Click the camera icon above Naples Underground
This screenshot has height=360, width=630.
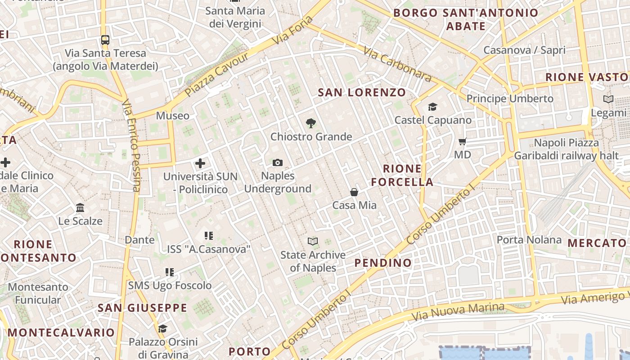coord(278,162)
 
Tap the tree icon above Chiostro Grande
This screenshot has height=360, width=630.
coord(310,123)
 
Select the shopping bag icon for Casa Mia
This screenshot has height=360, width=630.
coord(354,192)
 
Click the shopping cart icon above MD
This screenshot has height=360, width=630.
coord(462,142)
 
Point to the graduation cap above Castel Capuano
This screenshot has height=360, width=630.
coord(432,107)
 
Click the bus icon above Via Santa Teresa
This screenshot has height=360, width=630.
coord(105,40)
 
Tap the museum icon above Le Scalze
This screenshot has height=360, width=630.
coord(81,207)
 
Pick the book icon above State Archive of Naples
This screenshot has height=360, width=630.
coord(313,242)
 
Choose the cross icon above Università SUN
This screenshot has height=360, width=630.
coord(200,163)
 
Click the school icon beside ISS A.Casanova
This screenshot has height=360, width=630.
coord(208,235)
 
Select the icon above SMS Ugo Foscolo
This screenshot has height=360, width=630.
coord(169,272)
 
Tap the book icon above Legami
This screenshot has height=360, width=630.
coord(608,99)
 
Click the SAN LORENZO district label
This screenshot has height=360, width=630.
coord(362,93)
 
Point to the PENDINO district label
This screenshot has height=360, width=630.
coord(383,263)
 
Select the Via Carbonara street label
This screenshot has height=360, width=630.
coord(397,65)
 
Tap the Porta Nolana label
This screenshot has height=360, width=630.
coord(529,240)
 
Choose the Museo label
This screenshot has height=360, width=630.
coord(173,116)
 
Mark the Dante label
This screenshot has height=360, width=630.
coord(139,240)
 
